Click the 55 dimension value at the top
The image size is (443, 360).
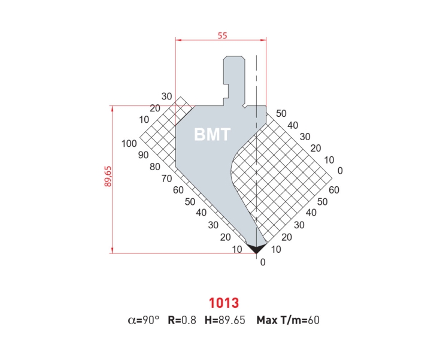(221, 35)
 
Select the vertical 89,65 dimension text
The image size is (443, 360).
(108, 178)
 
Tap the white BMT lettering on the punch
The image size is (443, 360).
(212, 135)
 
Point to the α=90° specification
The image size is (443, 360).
(144, 320)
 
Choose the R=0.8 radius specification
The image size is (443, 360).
(181, 320)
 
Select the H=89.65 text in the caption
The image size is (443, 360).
(224, 320)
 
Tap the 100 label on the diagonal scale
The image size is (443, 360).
(129, 144)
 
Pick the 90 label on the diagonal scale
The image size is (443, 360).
(142, 155)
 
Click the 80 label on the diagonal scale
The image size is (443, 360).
(154, 167)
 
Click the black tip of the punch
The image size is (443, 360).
(257, 247)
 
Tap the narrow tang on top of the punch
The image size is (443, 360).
(233, 78)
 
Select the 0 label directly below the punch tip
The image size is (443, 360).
(262, 262)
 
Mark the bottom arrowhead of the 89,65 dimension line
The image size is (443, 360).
(113, 251)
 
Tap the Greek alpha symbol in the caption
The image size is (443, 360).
(132, 320)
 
